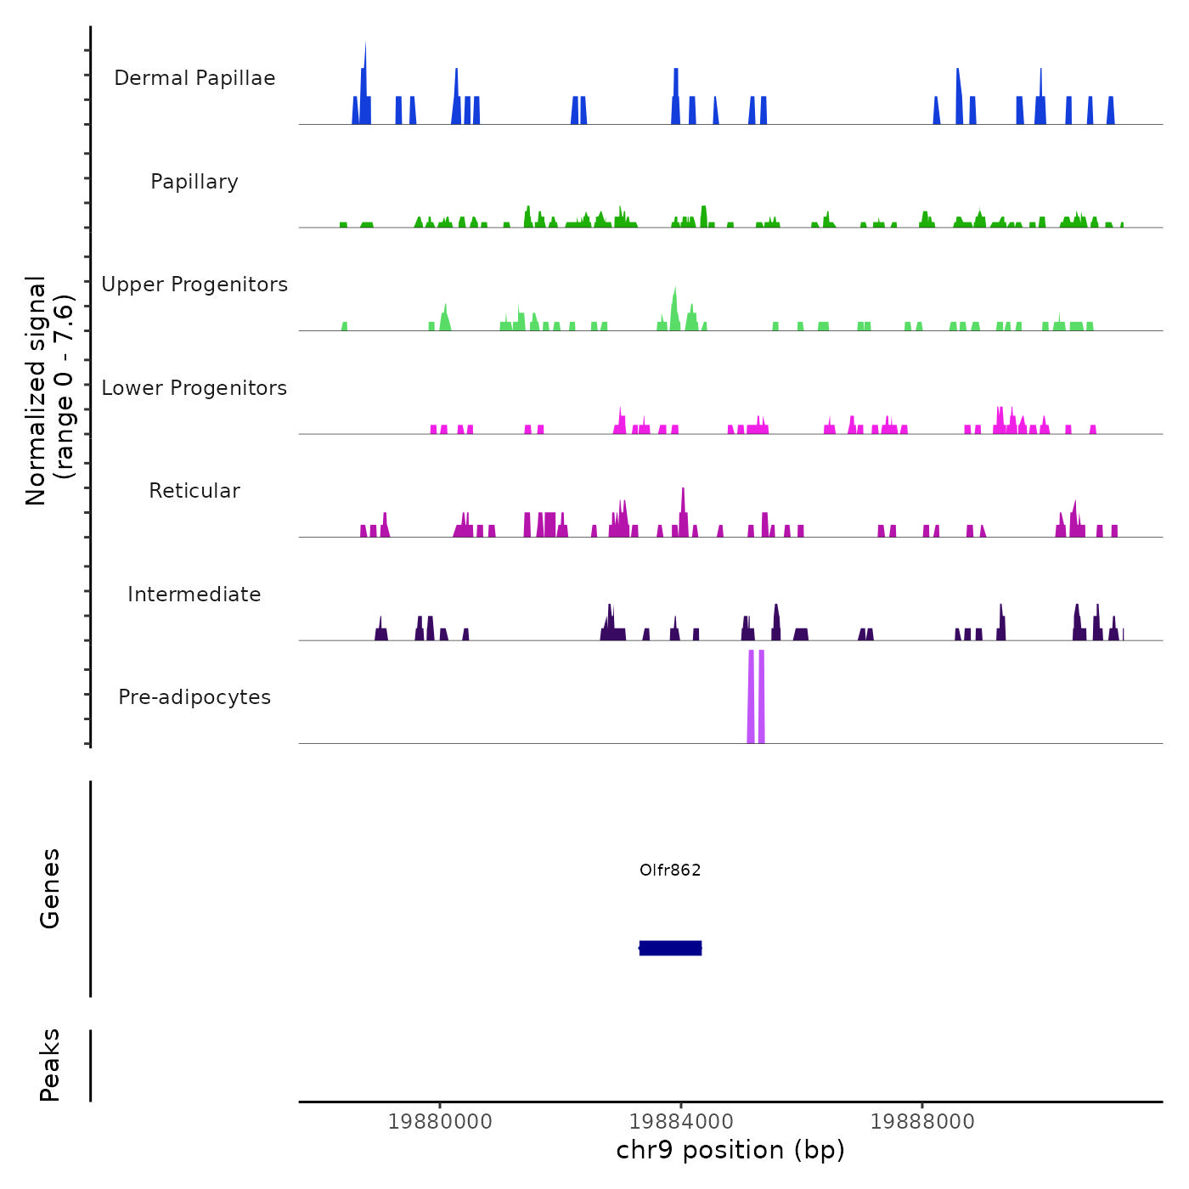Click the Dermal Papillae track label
(194, 78)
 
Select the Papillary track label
(194, 182)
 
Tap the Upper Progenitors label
(194, 285)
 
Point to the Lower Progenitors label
(194, 388)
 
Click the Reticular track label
(194, 491)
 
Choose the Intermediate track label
(194, 594)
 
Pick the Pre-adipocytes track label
(194, 697)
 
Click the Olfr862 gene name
(670, 871)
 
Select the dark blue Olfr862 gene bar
(670, 948)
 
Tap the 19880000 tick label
(440, 1122)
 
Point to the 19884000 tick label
(682, 1122)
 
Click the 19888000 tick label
(922, 1122)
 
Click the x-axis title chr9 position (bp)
(730, 1151)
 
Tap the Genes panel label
(50, 888)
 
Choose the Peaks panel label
(50, 1065)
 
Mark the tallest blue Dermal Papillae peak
(364, 85)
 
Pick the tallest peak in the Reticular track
(683, 510)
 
